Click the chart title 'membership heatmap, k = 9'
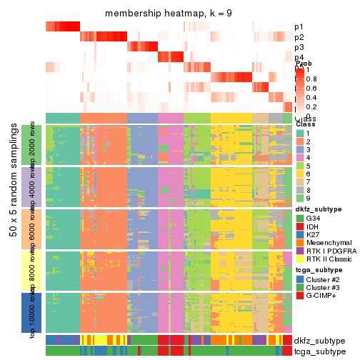pyautogui.click(x=169, y=14)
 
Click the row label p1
pyautogui.click(x=299, y=27)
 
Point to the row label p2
pyautogui.click(x=299, y=37)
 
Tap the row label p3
pyautogui.click(x=299, y=47)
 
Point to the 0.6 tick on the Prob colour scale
pyautogui.click(x=312, y=88)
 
